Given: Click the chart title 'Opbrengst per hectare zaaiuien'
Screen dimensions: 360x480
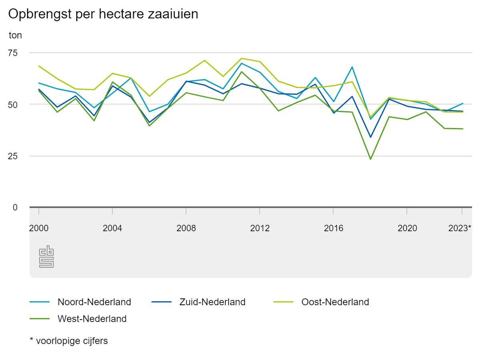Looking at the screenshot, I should [103, 14].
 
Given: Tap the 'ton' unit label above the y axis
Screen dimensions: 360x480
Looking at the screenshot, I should [15, 35].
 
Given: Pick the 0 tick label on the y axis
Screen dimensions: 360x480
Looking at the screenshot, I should [15, 207].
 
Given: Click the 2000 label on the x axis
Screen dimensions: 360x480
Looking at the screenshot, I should [39, 228].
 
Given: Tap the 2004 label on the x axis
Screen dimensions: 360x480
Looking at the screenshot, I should [112, 228].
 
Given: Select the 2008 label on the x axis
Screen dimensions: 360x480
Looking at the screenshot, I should [186, 228].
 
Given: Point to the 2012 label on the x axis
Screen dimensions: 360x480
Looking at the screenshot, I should [260, 228].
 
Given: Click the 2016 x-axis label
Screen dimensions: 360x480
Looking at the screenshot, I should [333, 228].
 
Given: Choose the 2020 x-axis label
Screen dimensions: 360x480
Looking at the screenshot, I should [407, 228].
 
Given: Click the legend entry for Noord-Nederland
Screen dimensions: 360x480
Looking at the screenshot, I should [94, 302].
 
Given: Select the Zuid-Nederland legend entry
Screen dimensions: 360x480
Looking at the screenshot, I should [212, 302].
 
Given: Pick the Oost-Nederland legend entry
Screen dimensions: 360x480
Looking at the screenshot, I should [335, 302].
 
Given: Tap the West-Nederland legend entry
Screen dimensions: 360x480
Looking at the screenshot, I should [92, 319].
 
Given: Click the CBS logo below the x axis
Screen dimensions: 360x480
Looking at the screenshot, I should [46, 256].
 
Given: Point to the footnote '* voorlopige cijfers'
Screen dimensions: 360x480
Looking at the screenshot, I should [69, 341].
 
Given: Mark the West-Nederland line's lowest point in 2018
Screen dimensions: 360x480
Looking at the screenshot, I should [370, 159].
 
